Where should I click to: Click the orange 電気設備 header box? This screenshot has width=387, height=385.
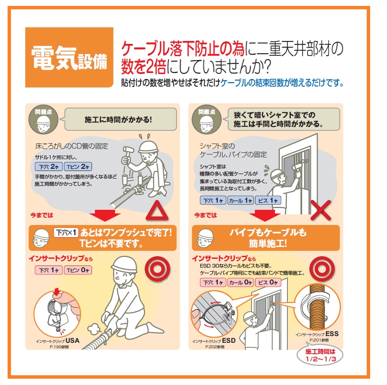coord(69,57)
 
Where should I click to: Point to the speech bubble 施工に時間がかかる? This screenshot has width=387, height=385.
coord(119,119)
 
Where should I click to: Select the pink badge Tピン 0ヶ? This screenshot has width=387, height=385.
coord(77,270)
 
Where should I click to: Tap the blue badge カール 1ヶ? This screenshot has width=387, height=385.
coord(240,201)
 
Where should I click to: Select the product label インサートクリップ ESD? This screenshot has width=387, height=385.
coord(214,341)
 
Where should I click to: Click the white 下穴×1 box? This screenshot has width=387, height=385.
coord(67,233)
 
